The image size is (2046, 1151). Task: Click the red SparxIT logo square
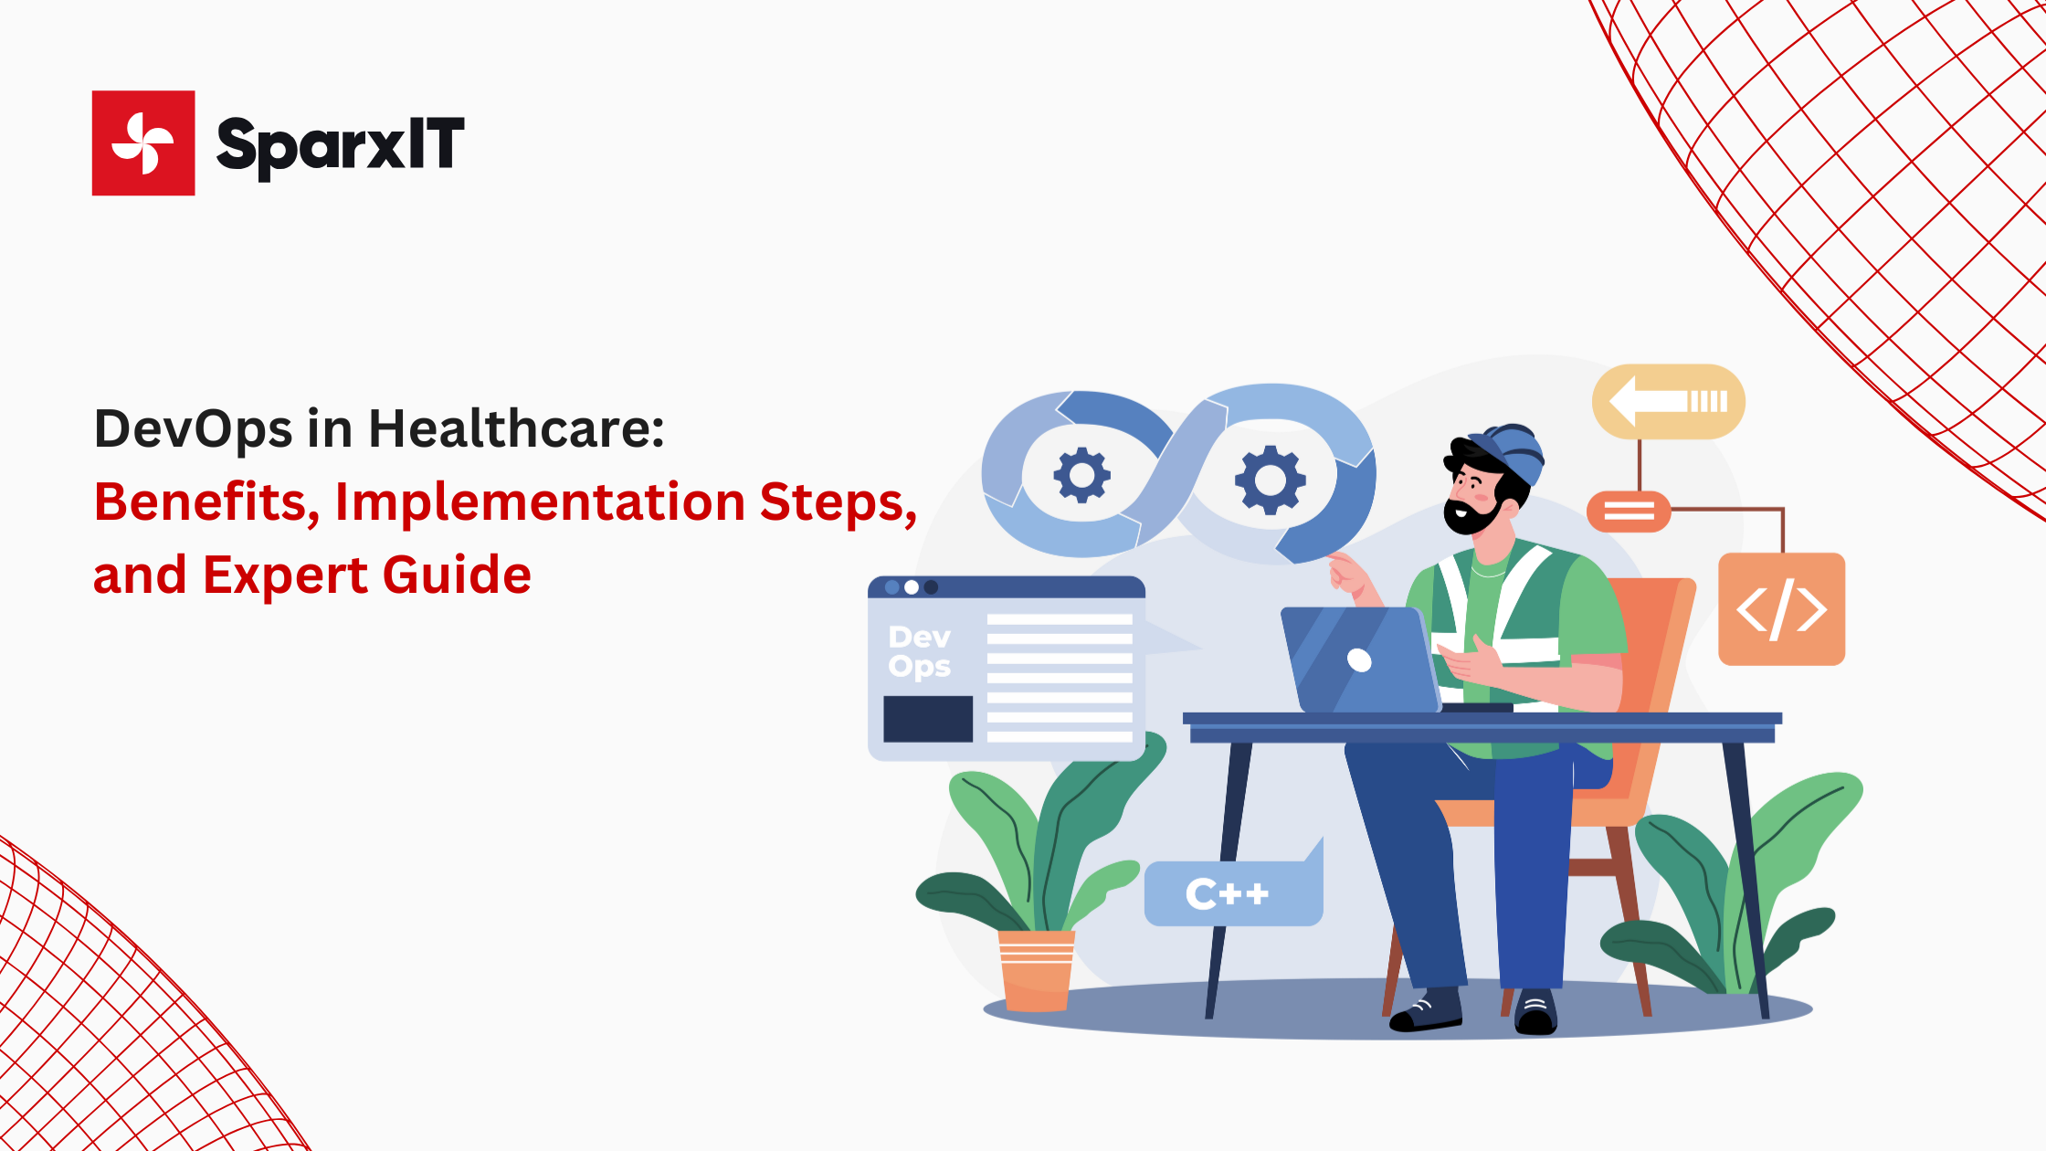coord(143,143)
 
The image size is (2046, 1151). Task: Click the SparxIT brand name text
coord(340,145)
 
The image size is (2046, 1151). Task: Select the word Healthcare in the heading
coord(516,428)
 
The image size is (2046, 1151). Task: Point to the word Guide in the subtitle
coord(457,575)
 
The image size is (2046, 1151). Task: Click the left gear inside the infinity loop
coord(1082,475)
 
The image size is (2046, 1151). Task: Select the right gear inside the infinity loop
coord(1270,480)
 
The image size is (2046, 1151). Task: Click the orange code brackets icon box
coord(1781,609)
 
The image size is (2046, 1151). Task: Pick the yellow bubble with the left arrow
coord(1668,402)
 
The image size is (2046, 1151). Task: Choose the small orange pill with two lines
coord(1629,512)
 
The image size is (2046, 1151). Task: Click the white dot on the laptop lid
coord(1359,660)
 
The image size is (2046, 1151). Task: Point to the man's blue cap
coord(1512,452)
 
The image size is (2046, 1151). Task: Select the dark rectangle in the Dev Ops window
coord(928,719)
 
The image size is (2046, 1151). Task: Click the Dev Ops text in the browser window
coord(920,651)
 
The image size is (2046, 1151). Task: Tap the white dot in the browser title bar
coord(912,587)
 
